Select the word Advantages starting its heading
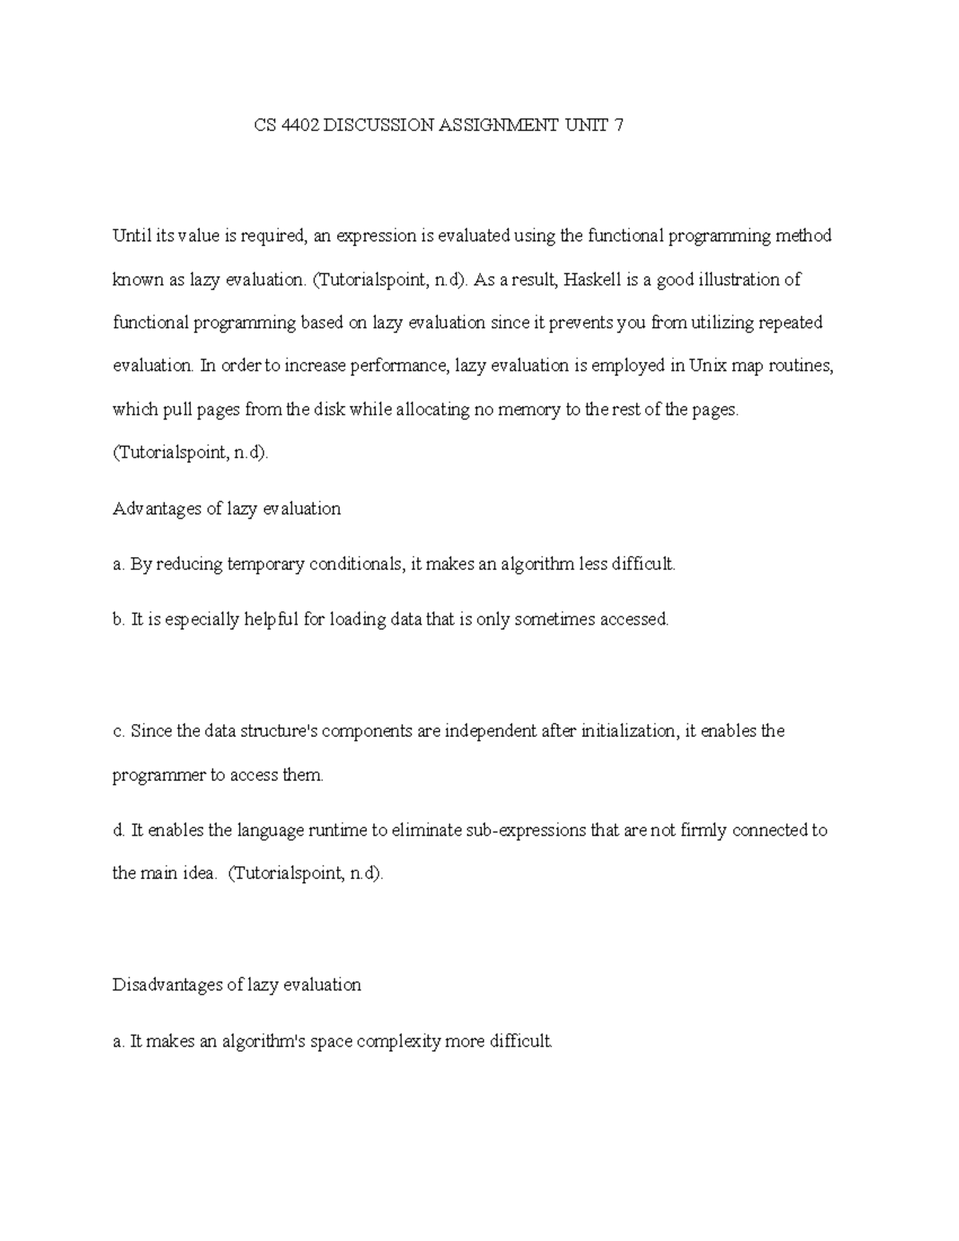click(x=157, y=509)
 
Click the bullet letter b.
click(x=117, y=619)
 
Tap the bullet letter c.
click(x=117, y=731)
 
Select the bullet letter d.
click(x=117, y=830)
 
